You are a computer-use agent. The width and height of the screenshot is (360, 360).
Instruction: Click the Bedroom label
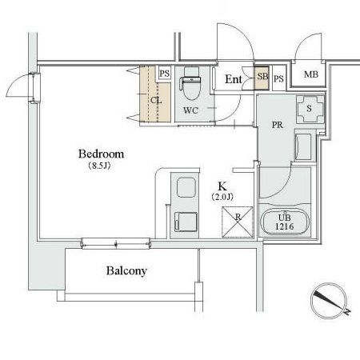pos(101,154)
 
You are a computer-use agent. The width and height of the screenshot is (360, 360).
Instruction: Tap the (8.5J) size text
pos(99,166)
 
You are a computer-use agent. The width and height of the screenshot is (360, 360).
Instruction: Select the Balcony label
pos(126,271)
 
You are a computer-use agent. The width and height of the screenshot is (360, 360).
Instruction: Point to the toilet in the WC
pos(191,86)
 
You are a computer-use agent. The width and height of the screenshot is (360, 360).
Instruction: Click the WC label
pos(190,110)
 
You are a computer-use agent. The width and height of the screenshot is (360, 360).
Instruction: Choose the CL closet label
pos(156,101)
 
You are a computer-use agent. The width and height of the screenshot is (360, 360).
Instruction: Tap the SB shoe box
pos(262,78)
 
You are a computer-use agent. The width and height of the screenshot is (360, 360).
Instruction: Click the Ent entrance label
pos(234,79)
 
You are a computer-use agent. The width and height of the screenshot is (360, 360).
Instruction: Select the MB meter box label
pos(311,74)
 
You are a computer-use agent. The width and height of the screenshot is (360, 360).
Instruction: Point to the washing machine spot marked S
pos(310,110)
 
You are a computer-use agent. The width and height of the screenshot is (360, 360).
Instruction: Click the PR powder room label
pos(278,125)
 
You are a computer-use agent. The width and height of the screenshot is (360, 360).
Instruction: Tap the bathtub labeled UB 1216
pos(285,222)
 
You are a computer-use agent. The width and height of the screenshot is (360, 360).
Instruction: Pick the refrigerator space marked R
pos(237,222)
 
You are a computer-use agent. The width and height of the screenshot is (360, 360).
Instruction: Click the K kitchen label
pos(222,186)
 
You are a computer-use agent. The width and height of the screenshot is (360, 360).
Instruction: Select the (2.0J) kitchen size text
pos(222,197)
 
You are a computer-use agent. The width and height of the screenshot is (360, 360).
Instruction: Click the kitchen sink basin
pos(186,187)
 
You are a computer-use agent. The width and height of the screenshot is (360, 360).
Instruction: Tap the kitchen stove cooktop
pos(186,222)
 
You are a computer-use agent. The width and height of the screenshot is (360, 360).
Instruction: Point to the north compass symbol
pos(330,301)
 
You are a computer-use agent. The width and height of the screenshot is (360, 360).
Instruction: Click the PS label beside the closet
pos(165,74)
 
